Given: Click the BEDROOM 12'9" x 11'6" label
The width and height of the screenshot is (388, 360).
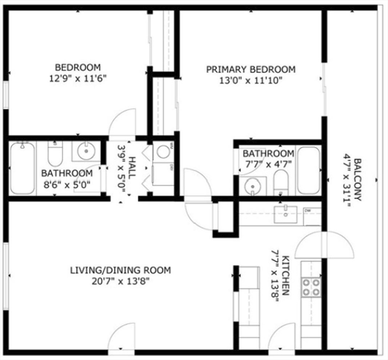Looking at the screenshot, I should point(78,73).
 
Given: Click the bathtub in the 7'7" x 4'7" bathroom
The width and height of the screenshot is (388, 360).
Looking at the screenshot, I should point(308,170).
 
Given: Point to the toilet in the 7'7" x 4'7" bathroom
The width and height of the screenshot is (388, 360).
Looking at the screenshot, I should point(281,183).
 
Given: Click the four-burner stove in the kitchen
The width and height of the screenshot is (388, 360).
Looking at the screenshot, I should point(311,287).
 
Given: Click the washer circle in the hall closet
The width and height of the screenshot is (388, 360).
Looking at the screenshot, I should point(163,151).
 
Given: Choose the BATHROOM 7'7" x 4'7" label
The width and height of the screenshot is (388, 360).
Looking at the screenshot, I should point(268,158).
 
